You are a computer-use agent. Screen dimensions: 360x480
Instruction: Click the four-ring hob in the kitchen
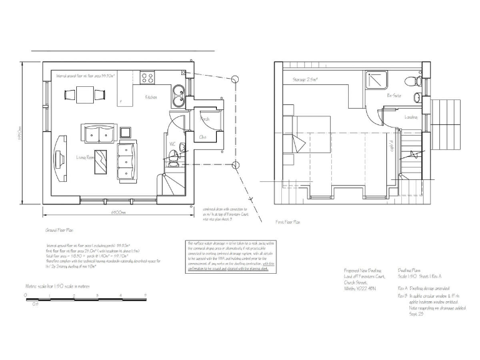[x=148, y=77]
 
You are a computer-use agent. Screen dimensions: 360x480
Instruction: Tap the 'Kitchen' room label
[x=151, y=97]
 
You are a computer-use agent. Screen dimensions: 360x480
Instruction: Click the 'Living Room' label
[x=85, y=157]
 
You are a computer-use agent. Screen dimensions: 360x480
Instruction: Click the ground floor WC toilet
[x=172, y=160]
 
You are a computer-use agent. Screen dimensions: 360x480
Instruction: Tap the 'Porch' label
[x=204, y=118]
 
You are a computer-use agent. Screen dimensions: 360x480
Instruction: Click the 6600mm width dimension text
[x=119, y=212]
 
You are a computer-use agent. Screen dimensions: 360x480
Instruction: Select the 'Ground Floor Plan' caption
[x=61, y=231]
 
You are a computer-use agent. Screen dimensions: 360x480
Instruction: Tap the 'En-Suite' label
[x=394, y=96]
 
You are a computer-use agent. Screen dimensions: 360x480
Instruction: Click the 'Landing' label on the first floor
[x=411, y=117]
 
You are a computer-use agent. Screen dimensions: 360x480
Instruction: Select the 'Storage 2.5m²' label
[x=305, y=80]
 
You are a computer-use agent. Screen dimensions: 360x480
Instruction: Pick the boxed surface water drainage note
[x=229, y=256]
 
